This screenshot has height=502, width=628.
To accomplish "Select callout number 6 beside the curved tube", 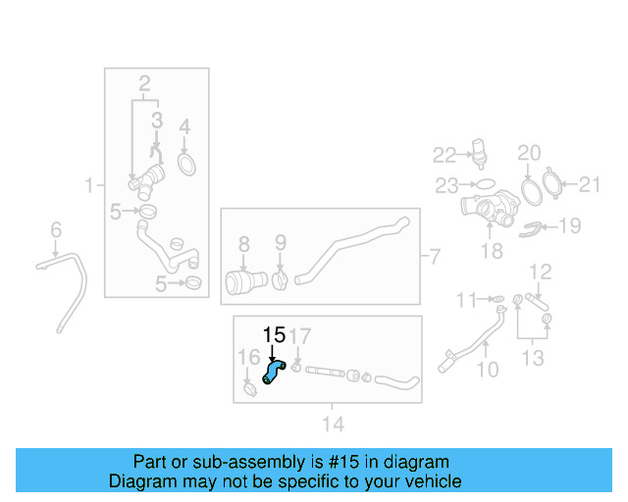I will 56,229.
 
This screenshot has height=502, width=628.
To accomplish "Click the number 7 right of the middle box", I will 437,257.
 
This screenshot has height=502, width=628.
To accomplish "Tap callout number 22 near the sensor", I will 445,155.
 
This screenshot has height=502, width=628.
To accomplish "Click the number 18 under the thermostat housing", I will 491,251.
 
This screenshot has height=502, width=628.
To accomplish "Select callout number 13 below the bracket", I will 532,359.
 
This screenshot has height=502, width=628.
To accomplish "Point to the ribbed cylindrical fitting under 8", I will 241,283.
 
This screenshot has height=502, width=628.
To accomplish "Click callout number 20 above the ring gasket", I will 529,153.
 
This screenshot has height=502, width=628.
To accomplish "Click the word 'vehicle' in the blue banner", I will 431,481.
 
